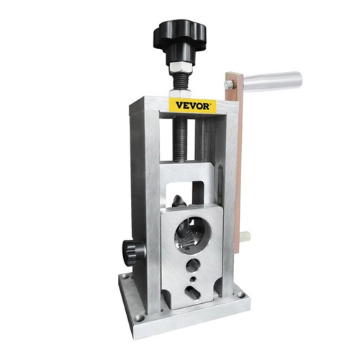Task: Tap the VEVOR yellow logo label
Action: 192,105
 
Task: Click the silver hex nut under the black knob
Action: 181,67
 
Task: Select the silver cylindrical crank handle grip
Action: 272,80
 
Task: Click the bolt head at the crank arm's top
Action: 229,84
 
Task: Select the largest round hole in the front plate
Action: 190,232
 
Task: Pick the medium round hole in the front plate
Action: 193,265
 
